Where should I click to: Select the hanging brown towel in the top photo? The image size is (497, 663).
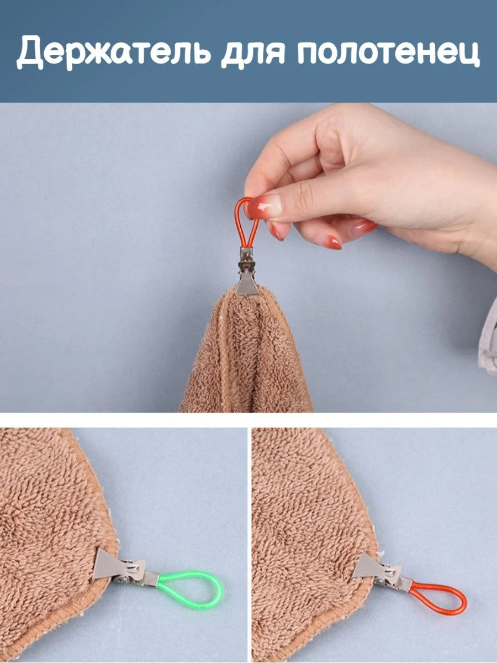point(246,350)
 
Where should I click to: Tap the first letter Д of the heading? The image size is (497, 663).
point(31,51)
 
